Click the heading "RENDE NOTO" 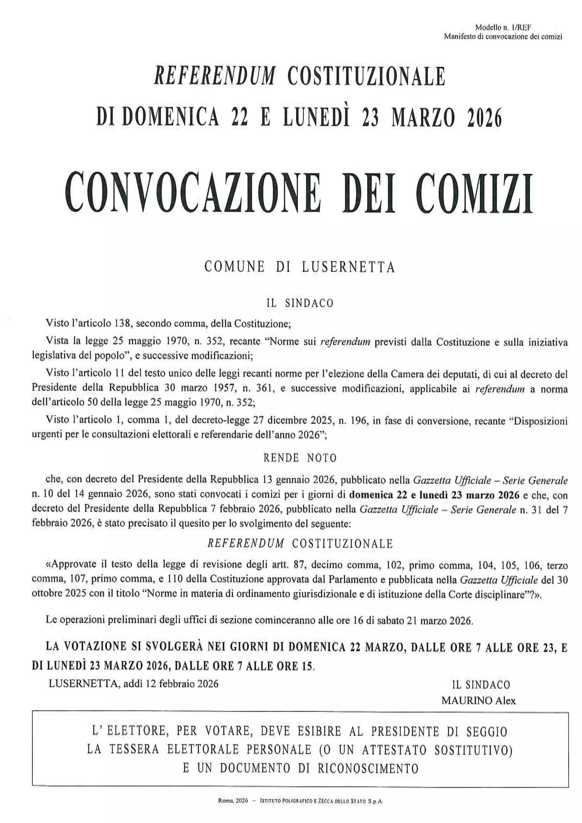[x=300, y=458]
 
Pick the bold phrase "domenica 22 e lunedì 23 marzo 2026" [x=434, y=495]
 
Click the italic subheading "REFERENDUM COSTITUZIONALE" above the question [x=300, y=544]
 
